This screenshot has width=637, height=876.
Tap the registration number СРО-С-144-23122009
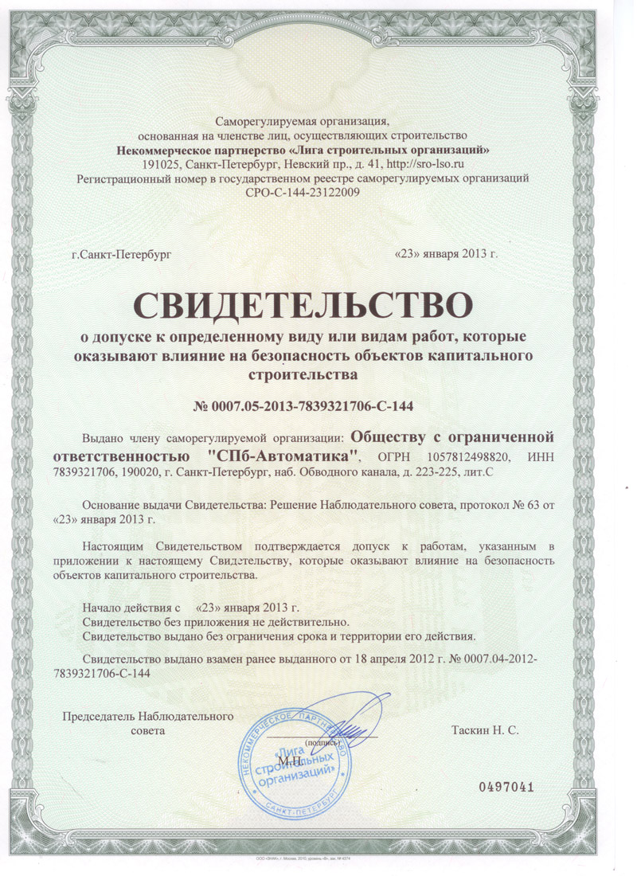click(x=303, y=193)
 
